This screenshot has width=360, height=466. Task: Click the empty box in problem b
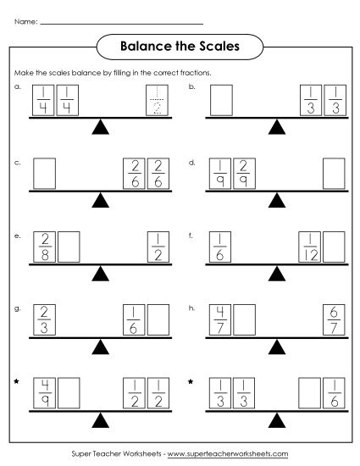pyautogui.click(x=221, y=100)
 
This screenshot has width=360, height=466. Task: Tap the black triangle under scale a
pyautogui.click(x=101, y=127)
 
